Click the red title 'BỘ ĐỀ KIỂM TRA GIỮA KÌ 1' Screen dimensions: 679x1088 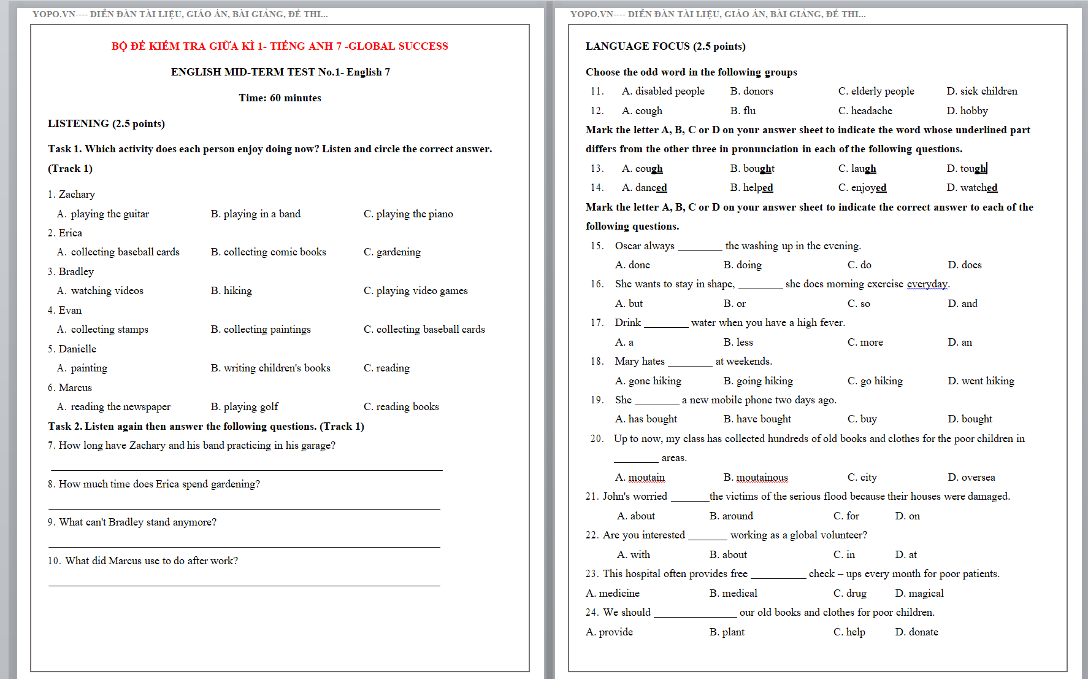[x=280, y=46]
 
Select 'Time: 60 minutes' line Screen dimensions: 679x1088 [x=280, y=98]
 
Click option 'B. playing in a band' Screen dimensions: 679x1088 [x=255, y=214]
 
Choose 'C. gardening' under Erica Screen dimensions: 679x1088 [x=392, y=252]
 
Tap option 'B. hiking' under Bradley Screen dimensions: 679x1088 [x=231, y=290]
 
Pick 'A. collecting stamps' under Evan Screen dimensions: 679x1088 [x=102, y=329]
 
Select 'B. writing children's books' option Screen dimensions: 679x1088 [x=270, y=368]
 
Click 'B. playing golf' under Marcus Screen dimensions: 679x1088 [x=244, y=406]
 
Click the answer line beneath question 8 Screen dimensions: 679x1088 [x=244, y=508]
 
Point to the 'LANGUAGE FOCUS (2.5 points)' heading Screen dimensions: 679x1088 [x=665, y=46]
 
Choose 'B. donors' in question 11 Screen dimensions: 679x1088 [x=751, y=91]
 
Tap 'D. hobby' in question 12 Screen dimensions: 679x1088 [x=967, y=111]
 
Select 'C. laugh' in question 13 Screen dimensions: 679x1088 [x=857, y=168]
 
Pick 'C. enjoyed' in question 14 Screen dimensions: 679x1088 [x=862, y=187]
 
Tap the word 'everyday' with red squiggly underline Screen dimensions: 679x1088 [x=927, y=284]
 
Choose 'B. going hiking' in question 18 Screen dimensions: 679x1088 [x=758, y=381]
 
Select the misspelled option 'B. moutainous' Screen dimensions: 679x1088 [x=756, y=477]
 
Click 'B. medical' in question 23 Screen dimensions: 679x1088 [x=733, y=593]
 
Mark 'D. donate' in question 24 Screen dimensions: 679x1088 [x=916, y=632]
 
